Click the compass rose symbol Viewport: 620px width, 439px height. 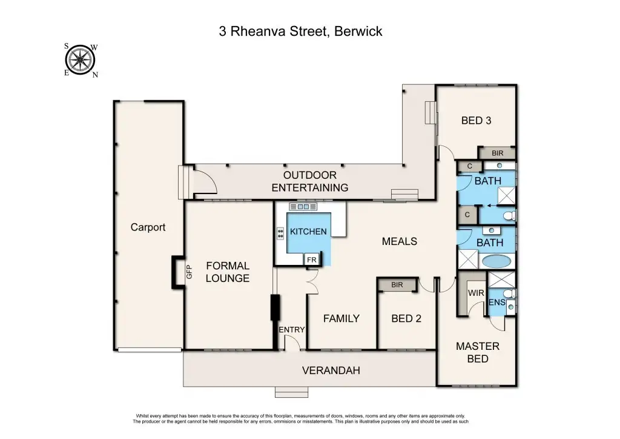pyautogui.click(x=79, y=60)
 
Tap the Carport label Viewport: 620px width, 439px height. pyautogui.click(x=148, y=227)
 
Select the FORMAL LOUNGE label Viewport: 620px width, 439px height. pyautogui.click(x=228, y=272)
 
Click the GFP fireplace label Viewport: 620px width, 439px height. pyautogui.click(x=188, y=272)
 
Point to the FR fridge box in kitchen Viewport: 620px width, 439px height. pyautogui.click(x=312, y=260)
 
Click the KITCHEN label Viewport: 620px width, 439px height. pyautogui.click(x=308, y=231)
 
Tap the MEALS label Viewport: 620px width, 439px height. pyautogui.click(x=400, y=241)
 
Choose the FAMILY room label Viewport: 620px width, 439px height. pyautogui.click(x=341, y=318)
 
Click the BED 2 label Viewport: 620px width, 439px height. pyautogui.click(x=406, y=318)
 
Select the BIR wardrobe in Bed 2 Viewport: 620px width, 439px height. pyautogui.click(x=397, y=284)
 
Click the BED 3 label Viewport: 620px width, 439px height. pyautogui.click(x=476, y=120)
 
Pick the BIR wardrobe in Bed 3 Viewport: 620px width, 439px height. pyautogui.click(x=497, y=153)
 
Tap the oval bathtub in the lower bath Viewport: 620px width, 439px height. pyautogui.click(x=496, y=262)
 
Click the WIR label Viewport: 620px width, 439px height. pyautogui.click(x=475, y=293)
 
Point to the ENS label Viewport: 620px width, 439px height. pyautogui.click(x=496, y=302)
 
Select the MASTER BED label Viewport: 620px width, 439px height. pyautogui.click(x=478, y=352)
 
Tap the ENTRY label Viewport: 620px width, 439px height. pyautogui.click(x=292, y=329)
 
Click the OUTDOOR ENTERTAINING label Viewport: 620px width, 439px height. pyautogui.click(x=309, y=181)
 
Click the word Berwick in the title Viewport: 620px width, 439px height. pyautogui.click(x=357, y=32)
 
